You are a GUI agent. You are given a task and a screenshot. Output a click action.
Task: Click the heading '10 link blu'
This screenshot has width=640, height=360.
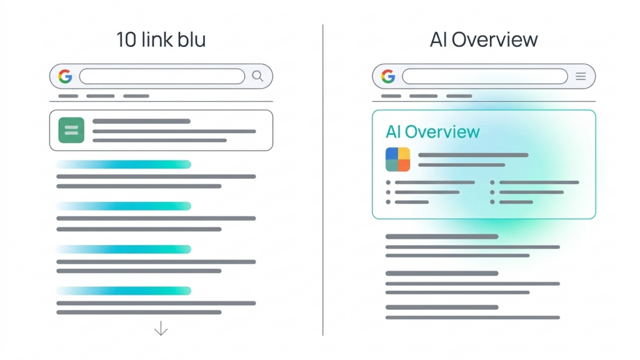point(161,39)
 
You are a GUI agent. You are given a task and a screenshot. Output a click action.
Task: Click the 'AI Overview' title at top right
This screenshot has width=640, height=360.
point(483,39)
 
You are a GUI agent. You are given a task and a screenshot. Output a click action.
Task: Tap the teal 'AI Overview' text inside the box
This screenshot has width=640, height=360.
point(432,132)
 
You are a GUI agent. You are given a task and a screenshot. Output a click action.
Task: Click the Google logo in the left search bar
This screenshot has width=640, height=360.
point(65,76)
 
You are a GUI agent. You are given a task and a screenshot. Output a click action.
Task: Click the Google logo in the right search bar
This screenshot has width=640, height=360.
point(388,76)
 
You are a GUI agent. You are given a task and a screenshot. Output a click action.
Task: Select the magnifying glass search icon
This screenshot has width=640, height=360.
point(257,76)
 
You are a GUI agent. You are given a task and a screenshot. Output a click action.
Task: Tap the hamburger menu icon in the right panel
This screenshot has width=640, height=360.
point(581,76)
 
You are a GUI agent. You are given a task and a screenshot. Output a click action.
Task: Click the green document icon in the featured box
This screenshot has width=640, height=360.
point(71,130)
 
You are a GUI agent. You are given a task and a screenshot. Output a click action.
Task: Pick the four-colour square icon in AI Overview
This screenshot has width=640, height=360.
point(397,159)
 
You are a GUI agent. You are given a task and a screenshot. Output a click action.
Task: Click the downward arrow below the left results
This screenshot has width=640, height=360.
point(161,328)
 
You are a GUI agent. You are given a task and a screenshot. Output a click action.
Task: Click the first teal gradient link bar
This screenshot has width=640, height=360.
point(124,164)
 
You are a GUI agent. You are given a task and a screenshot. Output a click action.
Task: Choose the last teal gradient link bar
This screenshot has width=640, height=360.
point(124,291)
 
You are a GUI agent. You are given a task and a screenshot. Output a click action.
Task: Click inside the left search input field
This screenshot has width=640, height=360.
point(162,76)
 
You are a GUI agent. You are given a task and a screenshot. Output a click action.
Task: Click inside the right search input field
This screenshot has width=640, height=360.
point(484,76)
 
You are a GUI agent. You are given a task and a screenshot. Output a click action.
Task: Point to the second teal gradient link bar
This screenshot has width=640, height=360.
point(124,206)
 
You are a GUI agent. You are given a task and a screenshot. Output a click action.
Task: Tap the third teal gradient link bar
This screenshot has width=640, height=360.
point(124,249)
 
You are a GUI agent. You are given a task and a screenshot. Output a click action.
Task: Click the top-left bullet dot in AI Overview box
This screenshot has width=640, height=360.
point(388,182)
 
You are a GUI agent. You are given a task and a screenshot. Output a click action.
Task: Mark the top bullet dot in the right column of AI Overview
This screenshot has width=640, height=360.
point(492,182)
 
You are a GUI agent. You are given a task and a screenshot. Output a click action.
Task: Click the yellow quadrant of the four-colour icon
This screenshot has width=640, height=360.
point(404,154)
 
